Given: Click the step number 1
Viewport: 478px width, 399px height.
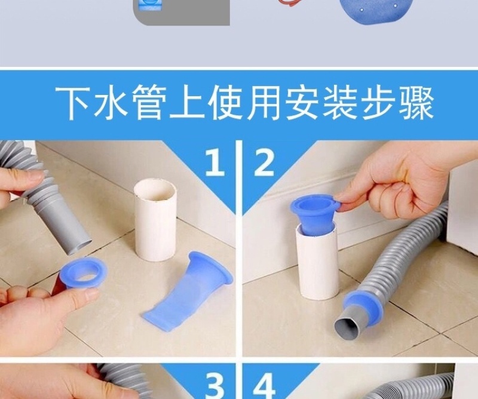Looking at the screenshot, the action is point(215,164).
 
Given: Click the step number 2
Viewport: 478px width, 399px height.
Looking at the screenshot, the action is point(264,164).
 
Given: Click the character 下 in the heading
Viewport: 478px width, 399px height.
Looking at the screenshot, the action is point(73,102).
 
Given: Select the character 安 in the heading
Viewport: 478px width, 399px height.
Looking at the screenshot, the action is point(302,102).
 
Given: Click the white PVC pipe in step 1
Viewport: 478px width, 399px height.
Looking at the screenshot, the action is point(155,219).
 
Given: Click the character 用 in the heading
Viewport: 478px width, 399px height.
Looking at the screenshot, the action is point(263,102).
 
